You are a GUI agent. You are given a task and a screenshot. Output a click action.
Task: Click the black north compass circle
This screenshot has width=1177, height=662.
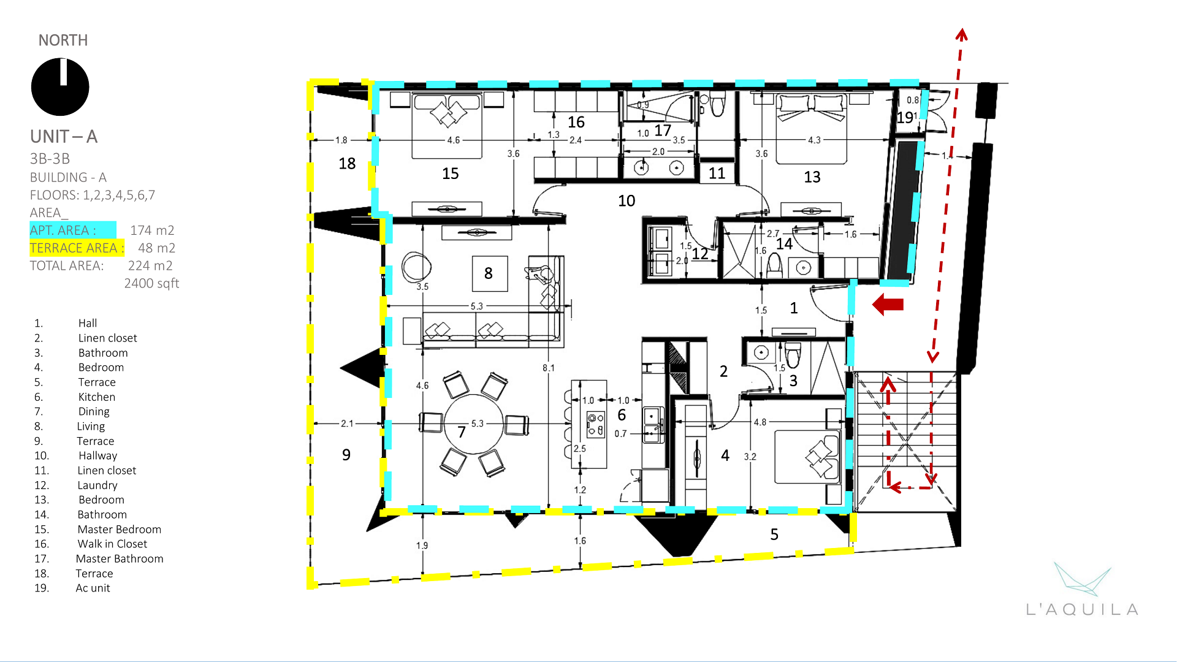60,87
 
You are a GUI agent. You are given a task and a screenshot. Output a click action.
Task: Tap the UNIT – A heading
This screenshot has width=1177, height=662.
64,136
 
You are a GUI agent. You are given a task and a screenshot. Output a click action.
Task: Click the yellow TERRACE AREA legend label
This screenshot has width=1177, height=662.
77,248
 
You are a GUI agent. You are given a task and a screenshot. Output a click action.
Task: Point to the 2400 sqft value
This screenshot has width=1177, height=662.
151,283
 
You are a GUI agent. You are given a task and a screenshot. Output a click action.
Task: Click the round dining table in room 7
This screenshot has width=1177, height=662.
473,424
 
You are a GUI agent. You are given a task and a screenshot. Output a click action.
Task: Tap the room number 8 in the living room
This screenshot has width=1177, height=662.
489,273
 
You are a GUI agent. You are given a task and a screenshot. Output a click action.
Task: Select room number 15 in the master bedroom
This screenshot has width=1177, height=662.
451,174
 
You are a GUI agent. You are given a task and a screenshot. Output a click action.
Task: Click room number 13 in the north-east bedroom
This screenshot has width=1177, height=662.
812,177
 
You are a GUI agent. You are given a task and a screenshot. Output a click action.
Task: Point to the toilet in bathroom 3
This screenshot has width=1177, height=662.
793,355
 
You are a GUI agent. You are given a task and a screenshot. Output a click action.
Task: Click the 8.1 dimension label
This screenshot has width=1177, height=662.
548,368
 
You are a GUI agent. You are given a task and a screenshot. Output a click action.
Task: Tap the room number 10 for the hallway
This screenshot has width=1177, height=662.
627,201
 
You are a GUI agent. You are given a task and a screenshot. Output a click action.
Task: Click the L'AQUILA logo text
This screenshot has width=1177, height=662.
1082,609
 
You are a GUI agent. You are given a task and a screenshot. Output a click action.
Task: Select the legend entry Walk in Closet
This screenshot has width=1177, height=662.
112,544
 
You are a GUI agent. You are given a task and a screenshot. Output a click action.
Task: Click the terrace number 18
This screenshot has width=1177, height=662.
347,164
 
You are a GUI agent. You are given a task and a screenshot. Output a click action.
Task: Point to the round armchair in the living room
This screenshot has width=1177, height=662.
417,267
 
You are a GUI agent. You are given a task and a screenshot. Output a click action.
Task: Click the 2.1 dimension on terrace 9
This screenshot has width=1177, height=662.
347,424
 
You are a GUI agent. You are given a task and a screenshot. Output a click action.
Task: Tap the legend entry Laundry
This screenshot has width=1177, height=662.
97,485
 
